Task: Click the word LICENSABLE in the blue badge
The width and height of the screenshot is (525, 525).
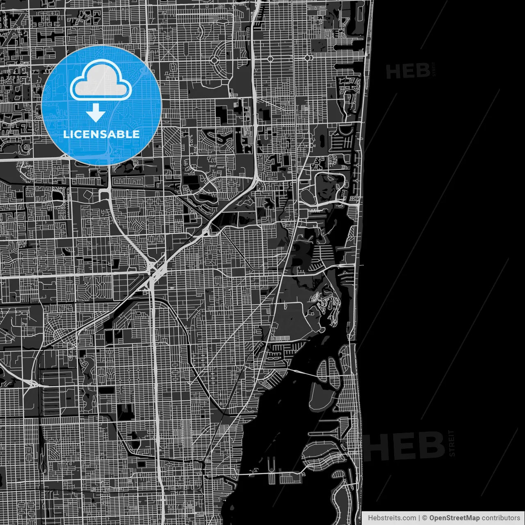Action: point(101,134)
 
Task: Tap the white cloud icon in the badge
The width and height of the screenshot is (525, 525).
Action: point(101,80)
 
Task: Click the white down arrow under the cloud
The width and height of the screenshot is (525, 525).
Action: point(96,112)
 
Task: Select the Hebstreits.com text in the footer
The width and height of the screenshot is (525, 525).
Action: point(392,518)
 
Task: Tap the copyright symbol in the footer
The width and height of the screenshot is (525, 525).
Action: point(425,518)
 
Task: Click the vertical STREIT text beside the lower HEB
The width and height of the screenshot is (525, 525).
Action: point(452,443)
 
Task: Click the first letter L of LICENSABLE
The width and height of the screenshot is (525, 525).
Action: point(66,134)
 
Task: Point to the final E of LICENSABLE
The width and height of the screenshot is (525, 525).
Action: point(136,134)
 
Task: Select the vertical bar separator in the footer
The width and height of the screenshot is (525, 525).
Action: point(419,518)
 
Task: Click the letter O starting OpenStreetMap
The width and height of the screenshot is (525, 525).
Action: point(432,518)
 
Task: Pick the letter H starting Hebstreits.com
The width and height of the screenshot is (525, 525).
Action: point(370,518)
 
